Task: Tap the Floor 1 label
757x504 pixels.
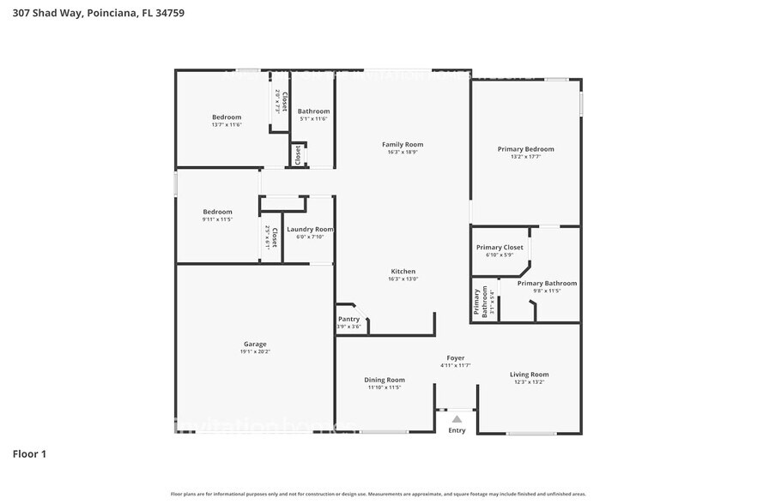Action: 29,453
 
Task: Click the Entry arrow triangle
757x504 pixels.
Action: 457,419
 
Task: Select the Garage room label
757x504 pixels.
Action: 255,344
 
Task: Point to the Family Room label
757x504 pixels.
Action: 403,145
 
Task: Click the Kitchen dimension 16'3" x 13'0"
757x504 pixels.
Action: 403,279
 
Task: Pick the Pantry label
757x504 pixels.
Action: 349,319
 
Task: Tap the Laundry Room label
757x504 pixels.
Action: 310,229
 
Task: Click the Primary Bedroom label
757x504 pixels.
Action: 526,149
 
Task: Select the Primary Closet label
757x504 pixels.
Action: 500,248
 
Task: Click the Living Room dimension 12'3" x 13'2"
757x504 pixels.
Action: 529,382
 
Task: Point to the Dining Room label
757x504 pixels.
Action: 385,380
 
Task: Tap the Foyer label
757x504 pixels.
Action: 456,358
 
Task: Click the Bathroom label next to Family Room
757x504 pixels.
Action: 313,111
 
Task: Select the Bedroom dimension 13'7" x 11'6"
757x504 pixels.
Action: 227,125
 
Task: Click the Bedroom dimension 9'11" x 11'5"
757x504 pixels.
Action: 217,219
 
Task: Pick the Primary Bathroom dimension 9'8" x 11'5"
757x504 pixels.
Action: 547,291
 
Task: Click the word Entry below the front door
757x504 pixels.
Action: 457,430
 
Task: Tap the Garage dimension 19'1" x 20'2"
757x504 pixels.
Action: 255,351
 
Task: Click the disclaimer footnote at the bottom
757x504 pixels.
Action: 378,495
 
